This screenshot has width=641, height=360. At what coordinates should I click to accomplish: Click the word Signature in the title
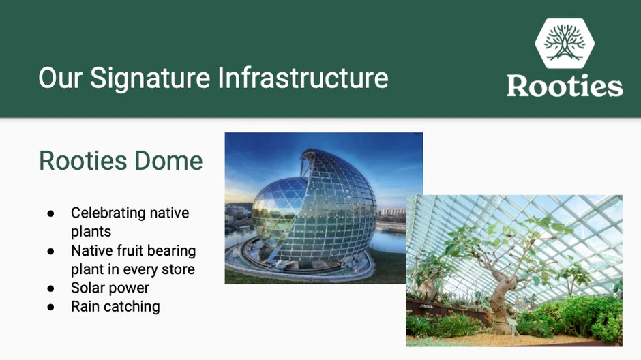(x=150, y=78)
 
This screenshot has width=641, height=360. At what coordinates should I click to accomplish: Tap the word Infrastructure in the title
(x=303, y=78)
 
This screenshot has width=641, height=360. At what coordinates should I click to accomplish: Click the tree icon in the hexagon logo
(x=565, y=42)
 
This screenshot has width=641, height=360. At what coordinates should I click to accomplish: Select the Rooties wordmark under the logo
(x=565, y=85)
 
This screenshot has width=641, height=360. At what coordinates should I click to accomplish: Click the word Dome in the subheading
(x=168, y=161)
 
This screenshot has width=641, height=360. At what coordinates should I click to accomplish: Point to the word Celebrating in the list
(x=107, y=213)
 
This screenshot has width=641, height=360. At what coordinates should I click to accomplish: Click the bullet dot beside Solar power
(x=50, y=288)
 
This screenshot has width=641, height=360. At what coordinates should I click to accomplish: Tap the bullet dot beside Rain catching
(x=50, y=307)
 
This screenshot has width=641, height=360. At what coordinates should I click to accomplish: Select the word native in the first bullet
(x=169, y=213)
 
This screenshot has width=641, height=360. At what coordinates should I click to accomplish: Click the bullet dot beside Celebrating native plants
(x=50, y=213)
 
